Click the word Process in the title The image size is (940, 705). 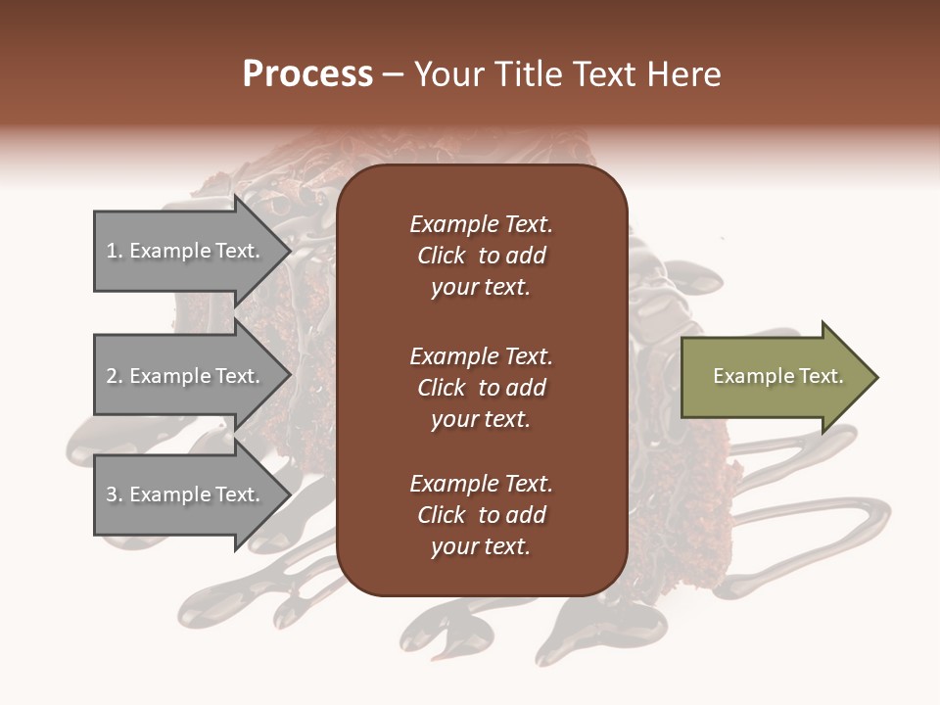coord(307,74)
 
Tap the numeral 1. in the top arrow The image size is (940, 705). coord(115,251)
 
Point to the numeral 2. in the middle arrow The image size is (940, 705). coord(115,376)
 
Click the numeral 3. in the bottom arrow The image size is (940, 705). coord(115,494)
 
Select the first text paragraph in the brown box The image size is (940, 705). coord(481,256)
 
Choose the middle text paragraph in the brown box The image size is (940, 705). coord(481,388)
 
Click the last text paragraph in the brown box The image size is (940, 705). coord(481,515)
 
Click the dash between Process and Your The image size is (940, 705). coord(394,75)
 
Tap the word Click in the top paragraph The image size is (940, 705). coord(441,256)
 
